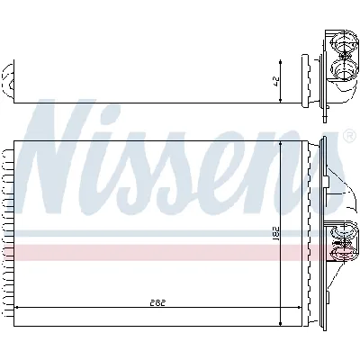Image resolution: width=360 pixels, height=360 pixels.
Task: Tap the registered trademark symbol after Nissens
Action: pos(348,137)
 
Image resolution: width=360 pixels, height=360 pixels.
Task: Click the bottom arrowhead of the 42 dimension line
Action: pos(283,99)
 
